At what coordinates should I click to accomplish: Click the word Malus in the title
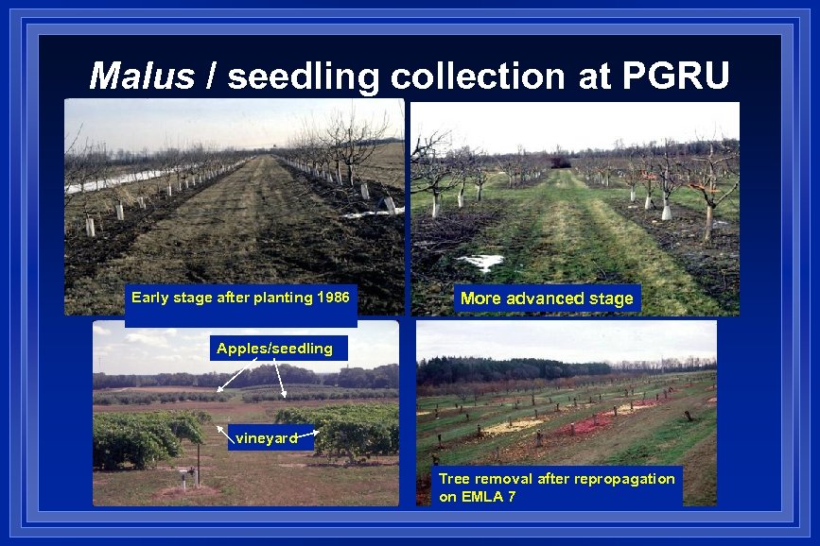coord(141,77)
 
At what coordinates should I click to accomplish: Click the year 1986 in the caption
coord(333,298)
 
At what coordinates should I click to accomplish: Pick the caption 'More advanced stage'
coord(546,299)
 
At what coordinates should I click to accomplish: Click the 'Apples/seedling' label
coord(274,349)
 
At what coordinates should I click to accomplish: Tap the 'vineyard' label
coord(267,437)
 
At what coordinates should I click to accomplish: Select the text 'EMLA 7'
coord(491,496)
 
